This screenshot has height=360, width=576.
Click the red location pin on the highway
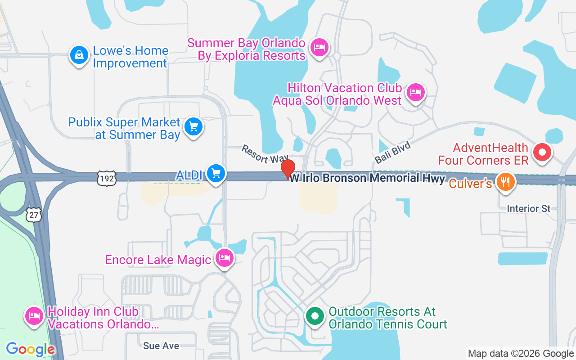(x=288, y=169)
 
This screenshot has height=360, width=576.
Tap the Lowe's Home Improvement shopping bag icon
(x=79, y=56)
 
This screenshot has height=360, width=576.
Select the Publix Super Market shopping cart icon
(x=194, y=127)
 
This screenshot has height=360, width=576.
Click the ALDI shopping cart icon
(x=216, y=173)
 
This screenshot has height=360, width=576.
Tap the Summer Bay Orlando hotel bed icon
(x=319, y=47)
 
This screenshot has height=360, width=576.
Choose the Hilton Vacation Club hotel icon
(x=416, y=93)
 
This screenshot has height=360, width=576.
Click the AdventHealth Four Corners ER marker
(x=542, y=152)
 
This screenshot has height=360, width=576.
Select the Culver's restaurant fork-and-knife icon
(x=505, y=182)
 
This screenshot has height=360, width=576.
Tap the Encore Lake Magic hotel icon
(x=225, y=258)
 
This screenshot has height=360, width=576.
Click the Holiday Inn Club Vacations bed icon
(x=34, y=316)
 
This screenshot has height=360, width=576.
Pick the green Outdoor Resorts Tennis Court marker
(x=315, y=316)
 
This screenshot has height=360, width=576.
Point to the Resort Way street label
(x=264, y=154)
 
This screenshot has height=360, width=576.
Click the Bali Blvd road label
(x=392, y=152)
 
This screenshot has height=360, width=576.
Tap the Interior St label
(x=528, y=209)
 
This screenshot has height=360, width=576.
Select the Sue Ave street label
(x=161, y=346)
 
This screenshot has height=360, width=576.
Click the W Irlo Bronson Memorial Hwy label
(x=367, y=179)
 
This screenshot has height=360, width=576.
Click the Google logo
(x=31, y=349)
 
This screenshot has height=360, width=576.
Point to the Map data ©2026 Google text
(x=521, y=354)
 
